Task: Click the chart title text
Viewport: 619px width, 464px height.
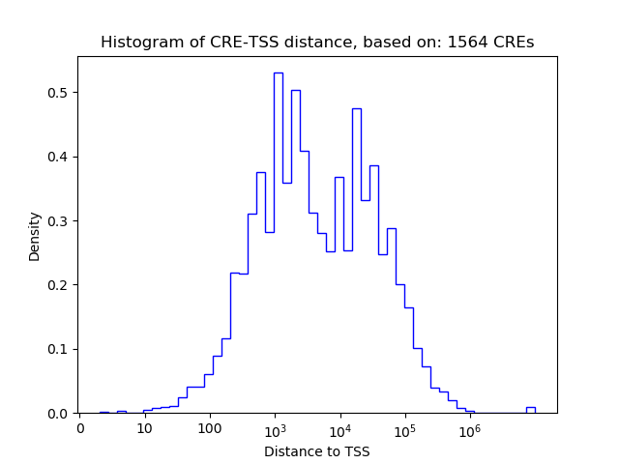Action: pyautogui.click(x=317, y=43)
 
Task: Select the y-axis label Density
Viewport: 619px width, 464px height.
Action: pyautogui.click(x=35, y=236)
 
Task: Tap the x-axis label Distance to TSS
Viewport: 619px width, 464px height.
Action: pyautogui.click(x=317, y=451)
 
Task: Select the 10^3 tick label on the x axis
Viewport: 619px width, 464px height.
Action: pyautogui.click(x=275, y=428)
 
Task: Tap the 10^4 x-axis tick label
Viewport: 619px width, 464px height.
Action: pyautogui.click(x=339, y=428)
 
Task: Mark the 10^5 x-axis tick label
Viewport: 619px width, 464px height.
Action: pyautogui.click(x=404, y=428)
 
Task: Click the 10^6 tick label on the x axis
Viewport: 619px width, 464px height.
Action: pyautogui.click(x=470, y=428)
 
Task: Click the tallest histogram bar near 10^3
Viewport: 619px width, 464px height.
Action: pyautogui.click(x=279, y=242)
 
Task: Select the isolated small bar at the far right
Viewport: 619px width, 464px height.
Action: pyautogui.click(x=530, y=410)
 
